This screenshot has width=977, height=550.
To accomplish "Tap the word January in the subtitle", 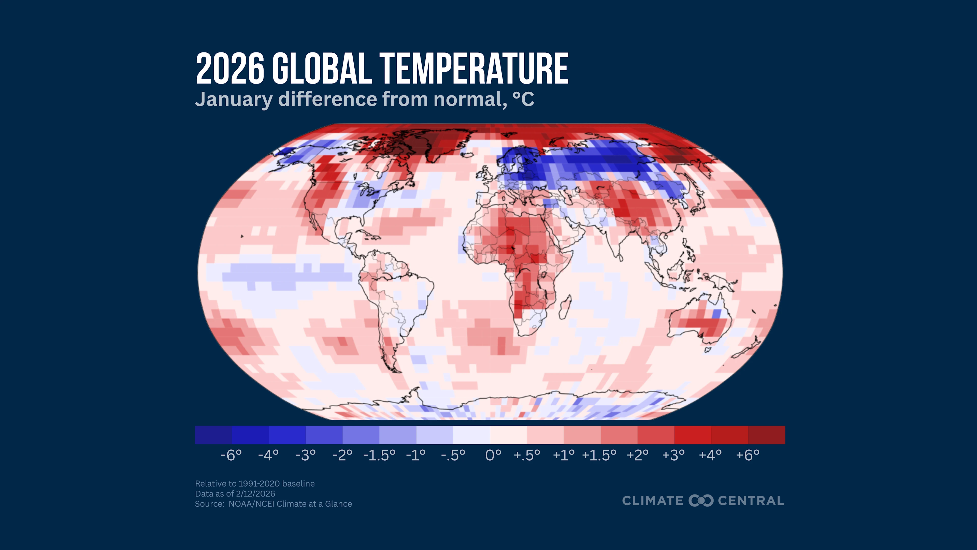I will click(x=233, y=100).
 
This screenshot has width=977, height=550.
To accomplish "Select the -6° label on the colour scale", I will click(x=231, y=455).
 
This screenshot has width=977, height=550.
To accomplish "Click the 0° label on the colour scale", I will click(x=493, y=455).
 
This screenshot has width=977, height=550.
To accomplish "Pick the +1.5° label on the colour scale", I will click(x=599, y=455).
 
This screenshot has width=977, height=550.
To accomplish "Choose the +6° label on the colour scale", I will click(x=748, y=455).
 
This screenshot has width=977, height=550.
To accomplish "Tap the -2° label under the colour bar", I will click(x=342, y=455).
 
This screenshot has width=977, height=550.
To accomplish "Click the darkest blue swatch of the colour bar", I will click(x=213, y=435).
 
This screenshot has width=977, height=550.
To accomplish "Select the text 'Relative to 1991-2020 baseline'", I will click(x=254, y=484).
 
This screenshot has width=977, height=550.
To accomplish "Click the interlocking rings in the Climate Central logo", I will click(x=701, y=501).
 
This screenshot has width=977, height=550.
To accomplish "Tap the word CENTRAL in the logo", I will click(x=751, y=501).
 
